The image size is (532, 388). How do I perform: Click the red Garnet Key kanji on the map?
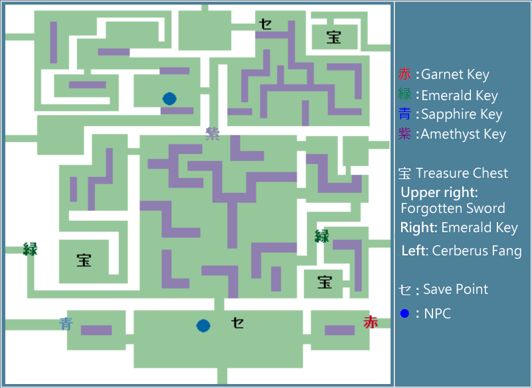pos(370,322)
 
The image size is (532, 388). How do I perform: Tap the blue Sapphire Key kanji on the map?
pos(66,324)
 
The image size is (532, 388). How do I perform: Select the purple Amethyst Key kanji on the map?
pos(213,133)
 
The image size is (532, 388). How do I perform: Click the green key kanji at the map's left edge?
pos(30,249)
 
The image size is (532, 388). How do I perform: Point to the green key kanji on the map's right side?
pos(322,235)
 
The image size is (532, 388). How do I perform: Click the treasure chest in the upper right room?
pos(333,38)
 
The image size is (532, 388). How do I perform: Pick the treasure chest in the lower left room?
pos(84,260)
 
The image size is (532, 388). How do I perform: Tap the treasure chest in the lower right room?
pos(324,282)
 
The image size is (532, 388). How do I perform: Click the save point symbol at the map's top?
pos(265,24)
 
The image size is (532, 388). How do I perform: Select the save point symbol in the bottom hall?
pos(237,323)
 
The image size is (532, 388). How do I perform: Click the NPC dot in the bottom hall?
pos(203,326)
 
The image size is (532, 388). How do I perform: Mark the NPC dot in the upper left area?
pos(169,99)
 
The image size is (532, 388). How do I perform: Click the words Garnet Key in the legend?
pos(455,75)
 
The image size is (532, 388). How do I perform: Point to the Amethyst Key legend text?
pos(464,135)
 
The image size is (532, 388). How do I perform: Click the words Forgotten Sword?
pos(453,208)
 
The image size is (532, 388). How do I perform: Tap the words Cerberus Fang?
pos(476,251)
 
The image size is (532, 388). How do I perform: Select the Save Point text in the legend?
pos(455,289)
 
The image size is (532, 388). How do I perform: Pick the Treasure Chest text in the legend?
pos(462,174)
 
